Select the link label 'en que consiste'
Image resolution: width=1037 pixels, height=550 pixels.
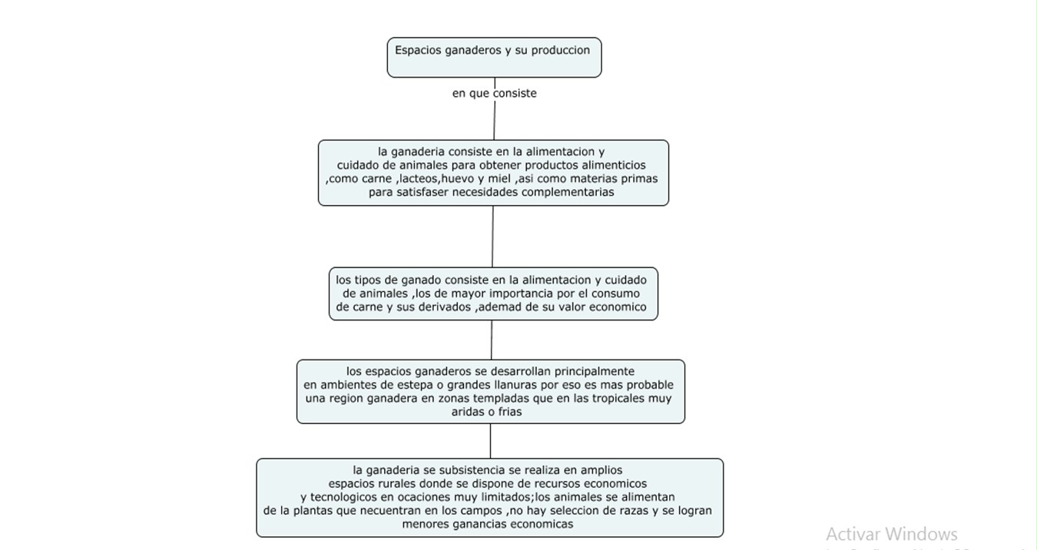[x=494, y=93]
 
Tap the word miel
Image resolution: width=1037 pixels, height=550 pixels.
[x=499, y=178]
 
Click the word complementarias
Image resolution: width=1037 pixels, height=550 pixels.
[x=568, y=192]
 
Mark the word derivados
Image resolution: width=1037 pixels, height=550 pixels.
[x=441, y=307]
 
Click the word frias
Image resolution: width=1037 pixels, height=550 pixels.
[x=508, y=412]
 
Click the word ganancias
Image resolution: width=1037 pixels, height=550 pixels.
[x=483, y=525]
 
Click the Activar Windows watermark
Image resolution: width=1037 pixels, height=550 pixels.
[x=891, y=534]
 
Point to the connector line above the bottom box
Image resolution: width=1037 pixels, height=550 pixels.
[x=490, y=441]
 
